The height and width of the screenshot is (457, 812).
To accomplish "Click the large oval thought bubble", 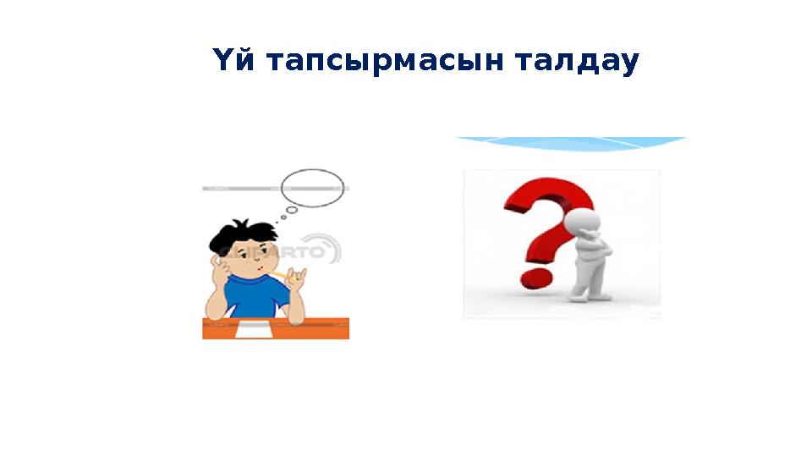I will pos(312,187).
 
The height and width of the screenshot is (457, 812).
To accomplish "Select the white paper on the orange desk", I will pos(255,330).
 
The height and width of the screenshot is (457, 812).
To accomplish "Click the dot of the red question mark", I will pos(536,277).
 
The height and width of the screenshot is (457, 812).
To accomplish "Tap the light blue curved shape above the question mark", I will pos(571,145).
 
